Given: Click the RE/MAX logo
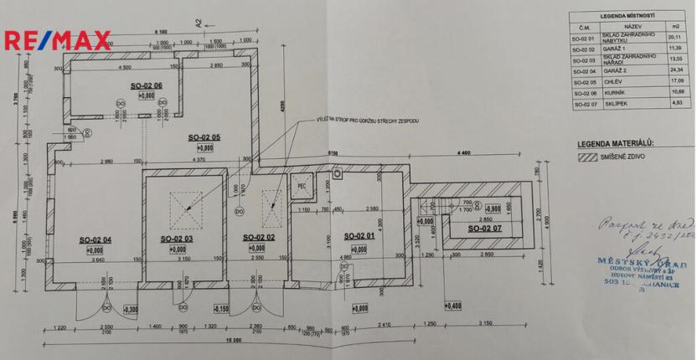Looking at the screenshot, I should click(x=57, y=40).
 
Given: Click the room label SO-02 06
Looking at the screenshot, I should click(x=147, y=85).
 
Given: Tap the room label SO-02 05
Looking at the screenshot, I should click(x=204, y=136).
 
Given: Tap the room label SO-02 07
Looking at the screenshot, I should click(x=484, y=228).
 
